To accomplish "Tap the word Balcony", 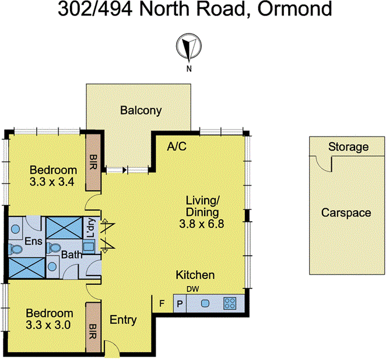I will point(141,110).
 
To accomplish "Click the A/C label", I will point(177,146).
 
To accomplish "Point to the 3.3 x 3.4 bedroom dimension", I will point(53,181).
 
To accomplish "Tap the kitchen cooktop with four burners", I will point(230,303).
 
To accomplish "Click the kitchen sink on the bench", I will point(205,303).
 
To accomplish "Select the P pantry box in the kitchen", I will point(180,303).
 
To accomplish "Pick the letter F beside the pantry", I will point(163,303).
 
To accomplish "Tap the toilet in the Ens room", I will point(16,249).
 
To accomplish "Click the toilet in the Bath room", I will point(57,248).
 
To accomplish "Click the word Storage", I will point(348,147).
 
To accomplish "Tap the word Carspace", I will point(346,213).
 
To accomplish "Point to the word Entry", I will point(123,320).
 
